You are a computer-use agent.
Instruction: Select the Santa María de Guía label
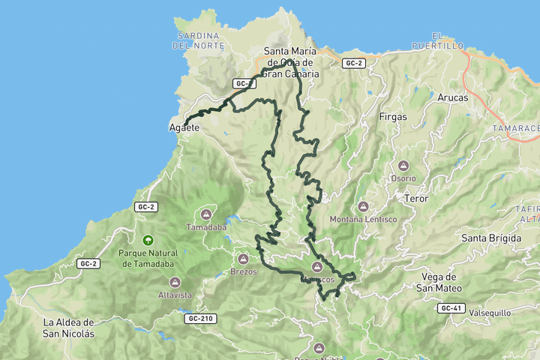point(292,63)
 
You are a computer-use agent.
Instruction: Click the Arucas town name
point(452,97)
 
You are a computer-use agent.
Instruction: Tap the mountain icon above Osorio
point(403,166)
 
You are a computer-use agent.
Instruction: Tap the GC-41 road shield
point(451,308)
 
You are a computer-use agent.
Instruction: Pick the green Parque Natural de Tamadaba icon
point(148,241)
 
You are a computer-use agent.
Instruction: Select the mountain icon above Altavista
point(175,282)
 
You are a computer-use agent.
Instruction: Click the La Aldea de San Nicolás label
point(69,328)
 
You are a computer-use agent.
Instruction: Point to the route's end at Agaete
point(185,122)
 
